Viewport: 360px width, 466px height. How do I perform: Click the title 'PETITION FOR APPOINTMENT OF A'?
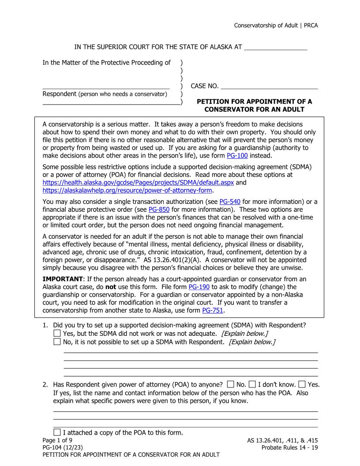[x=254, y=101]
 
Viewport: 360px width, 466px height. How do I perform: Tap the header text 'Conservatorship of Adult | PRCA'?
[x=276, y=25]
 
